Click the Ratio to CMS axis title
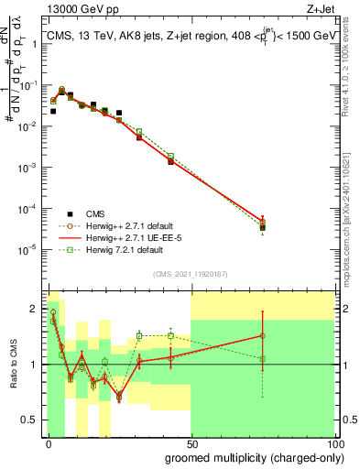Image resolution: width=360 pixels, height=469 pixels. click(12, 365)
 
